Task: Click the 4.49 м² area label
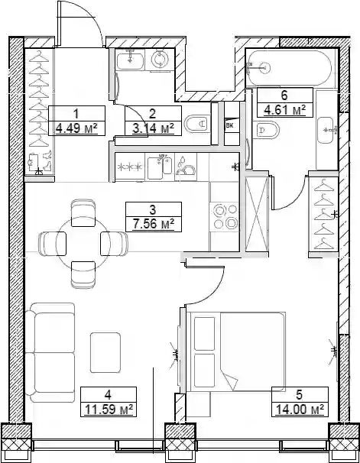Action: pyautogui.click(x=76, y=128)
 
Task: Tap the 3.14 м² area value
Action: pyautogui.click(x=153, y=128)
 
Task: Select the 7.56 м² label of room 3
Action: pyautogui.click(x=154, y=225)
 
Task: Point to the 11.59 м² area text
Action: pyautogui.click(x=109, y=410)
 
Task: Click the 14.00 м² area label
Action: pyautogui.click(x=300, y=410)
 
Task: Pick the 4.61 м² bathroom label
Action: pyautogui.click(x=284, y=111)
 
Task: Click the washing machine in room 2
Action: pyautogui.click(x=160, y=60)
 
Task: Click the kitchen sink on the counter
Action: pyautogui.click(x=160, y=167)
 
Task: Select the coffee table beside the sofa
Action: pyautogui.click(x=105, y=352)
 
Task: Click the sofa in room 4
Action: pyautogui.click(x=50, y=352)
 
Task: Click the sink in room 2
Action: pyautogui.click(x=130, y=59)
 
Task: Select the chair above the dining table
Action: pyautogui.click(x=83, y=213)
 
